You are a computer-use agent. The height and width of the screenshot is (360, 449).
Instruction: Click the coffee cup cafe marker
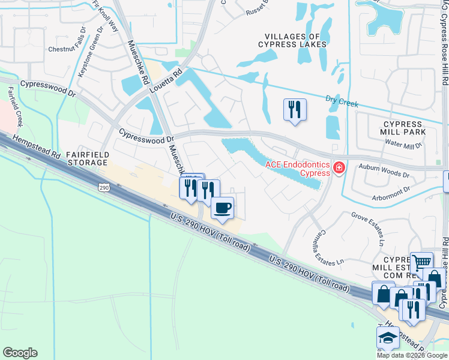tap(223, 208)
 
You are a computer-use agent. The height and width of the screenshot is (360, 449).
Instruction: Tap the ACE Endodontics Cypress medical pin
tap(340, 168)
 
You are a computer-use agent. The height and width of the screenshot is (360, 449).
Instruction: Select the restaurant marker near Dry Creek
tap(294, 109)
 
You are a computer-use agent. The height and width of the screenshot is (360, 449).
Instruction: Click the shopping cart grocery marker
tap(421, 262)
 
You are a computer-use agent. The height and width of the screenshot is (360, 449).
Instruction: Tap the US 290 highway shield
tap(103, 188)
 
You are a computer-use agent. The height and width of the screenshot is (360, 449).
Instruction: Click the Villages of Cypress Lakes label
tap(292, 40)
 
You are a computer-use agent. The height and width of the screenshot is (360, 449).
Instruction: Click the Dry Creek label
tap(342, 101)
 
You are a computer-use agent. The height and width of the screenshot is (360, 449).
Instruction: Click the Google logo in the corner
tap(20, 353)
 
